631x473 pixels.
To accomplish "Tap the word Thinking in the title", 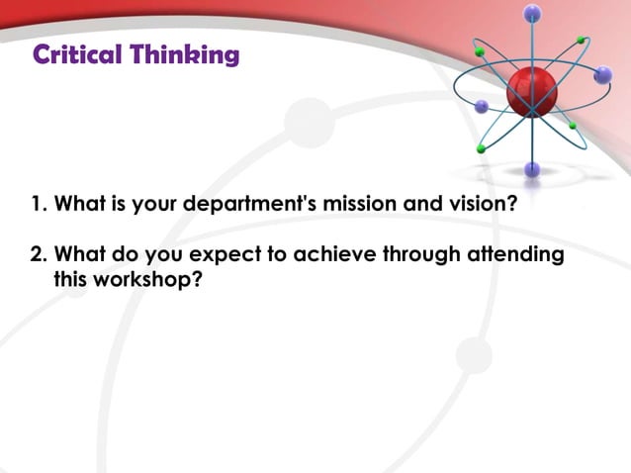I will click(x=185, y=55).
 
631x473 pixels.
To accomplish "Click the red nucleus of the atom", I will click(x=532, y=93).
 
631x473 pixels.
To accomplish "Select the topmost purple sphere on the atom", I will click(x=534, y=13).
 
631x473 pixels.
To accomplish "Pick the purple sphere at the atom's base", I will click(x=533, y=169).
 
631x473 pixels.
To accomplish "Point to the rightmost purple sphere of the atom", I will click(x=603, y=74).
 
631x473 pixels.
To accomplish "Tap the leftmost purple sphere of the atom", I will click(x=482, y=106).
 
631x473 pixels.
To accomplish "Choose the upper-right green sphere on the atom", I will click(x=583, y=41).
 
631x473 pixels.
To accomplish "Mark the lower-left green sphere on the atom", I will click(x=481, y=149).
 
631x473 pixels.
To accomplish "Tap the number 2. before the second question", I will click(x=39, y=255).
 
